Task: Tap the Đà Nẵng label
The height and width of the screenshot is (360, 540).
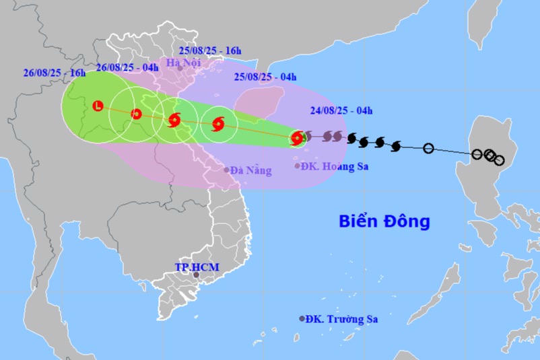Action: tap(250, 171)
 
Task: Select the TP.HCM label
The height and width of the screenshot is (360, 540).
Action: tap(197, 267)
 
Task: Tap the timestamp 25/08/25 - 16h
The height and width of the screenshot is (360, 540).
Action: tap(209, 50)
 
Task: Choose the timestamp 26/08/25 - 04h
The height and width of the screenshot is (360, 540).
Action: tap(127, 67)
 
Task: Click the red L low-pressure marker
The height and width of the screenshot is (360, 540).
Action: tap(98, 105)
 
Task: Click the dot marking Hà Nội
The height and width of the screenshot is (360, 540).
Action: tap(180, 69)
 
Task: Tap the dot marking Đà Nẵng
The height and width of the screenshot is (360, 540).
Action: tap(226, 170)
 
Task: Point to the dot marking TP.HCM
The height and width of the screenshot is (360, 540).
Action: tap(196, 275)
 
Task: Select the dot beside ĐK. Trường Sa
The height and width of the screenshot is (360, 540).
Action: tap(302, 319)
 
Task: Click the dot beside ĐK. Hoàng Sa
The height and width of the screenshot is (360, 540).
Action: tap(297, 166)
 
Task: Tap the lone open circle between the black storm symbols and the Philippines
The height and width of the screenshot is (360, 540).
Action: tap(428, 148)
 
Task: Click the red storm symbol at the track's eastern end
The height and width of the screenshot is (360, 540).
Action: tap(296, 139)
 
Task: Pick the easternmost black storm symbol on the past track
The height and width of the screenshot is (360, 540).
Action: tap(395, 145)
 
